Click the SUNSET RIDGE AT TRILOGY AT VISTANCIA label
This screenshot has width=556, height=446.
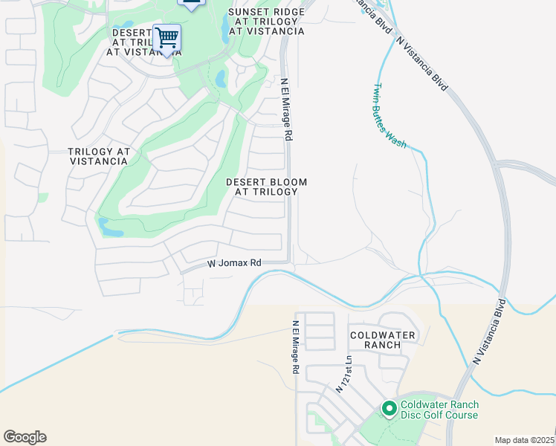(x=267, y=22)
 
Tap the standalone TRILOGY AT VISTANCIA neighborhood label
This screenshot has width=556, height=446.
(x=99, y=156)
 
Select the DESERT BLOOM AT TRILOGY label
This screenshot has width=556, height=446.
(x=266, y=187)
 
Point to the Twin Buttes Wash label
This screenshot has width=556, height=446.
(x=389, y=116)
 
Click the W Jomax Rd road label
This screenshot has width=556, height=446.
(x=234, y=263)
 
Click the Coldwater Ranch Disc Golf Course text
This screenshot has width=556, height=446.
(x=439, y=410)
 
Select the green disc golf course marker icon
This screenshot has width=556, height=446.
(x=389, y=408)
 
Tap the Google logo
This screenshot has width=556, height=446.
(x=25, y=437)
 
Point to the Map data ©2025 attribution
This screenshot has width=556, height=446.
(x=525, y=440)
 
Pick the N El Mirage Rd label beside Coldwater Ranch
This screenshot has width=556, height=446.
(x=295, y=347)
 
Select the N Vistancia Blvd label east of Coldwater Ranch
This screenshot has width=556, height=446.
(x=488, y=331)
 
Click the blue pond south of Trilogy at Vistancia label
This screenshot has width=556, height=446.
(x=111, y=227)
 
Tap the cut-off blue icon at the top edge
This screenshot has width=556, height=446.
(x=192, y=4)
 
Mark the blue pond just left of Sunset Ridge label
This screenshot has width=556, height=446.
(x=225, y=28)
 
